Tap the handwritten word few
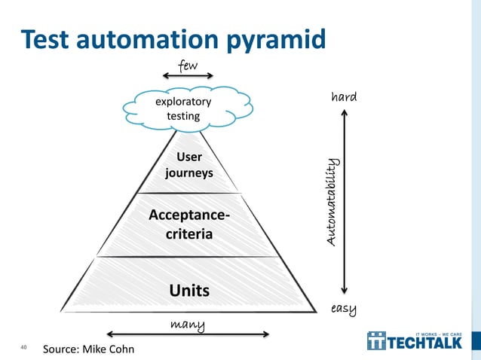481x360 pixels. click(187, 66)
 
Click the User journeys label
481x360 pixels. click(188, 166)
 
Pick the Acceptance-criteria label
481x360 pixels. click(189, 224)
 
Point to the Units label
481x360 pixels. click(189, 291)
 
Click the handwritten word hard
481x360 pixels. click(345, 97)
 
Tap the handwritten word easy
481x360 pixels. click(344, 308)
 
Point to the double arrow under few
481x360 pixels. click(188, 76)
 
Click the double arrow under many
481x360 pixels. click(188, 334)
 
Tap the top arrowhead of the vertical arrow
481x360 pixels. click(345, 114)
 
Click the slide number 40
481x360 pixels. click(23, 347)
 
